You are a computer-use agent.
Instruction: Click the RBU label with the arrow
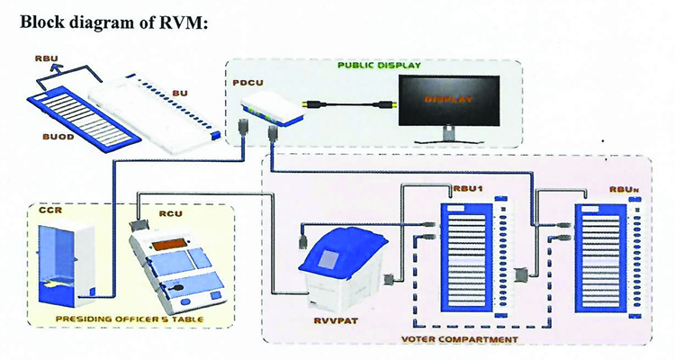(47, 59)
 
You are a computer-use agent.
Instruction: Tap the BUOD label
(58, 138)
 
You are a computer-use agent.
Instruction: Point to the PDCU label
(247, 82)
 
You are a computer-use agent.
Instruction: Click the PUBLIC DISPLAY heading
(379, 66)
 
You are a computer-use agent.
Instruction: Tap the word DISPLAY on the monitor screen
(448, 99)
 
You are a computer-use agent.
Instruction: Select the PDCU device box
(273, 110)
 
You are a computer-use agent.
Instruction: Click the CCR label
(50, 210)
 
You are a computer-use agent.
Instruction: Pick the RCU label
(171, 213)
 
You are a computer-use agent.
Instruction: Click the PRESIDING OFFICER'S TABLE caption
(130, 319)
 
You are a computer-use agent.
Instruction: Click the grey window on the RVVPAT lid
(329, 259)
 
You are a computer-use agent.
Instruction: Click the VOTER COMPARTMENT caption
(460, 339)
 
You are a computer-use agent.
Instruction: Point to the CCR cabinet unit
(66, 264)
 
